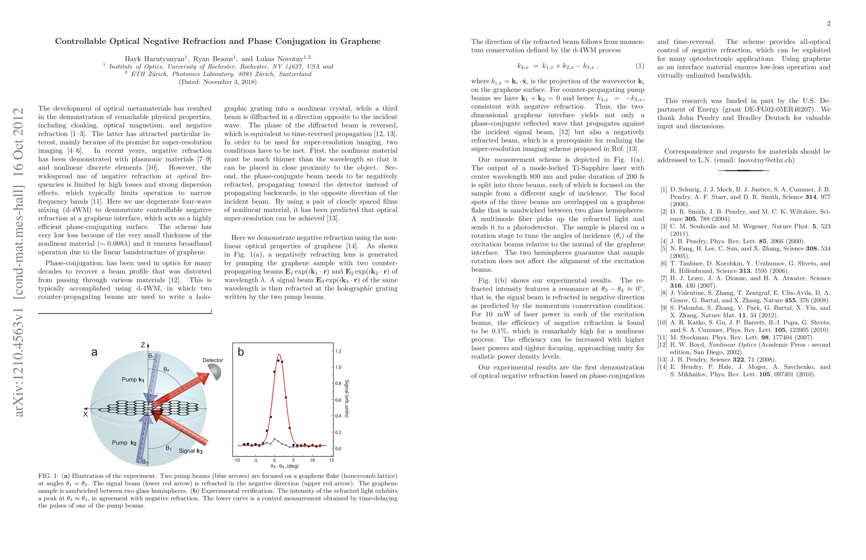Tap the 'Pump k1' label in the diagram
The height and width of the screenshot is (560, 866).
tap(133, 379)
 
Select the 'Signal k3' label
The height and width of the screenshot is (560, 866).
tap(191, 451)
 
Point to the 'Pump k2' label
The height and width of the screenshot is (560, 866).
tap(124, 442)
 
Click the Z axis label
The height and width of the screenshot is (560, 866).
tap(143, 345)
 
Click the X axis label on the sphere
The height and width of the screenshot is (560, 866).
tap(85, 414)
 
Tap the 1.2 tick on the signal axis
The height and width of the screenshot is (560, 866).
tap(338, 351)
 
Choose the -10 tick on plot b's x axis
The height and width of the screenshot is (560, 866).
tap(236, 460)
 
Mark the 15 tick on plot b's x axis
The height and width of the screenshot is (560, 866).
tap(332, 460)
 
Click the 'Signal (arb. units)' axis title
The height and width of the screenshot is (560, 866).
tap(347, 399)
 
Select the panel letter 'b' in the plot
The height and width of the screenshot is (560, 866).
tap(241, 352)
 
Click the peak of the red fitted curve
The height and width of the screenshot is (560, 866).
tap(279, 354)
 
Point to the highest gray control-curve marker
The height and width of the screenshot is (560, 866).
tap(274, 439)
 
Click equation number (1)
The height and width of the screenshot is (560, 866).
tap(640, 66)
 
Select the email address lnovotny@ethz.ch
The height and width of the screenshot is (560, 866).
tap(766, 160)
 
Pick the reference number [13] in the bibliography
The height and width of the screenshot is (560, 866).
tap(662, 359)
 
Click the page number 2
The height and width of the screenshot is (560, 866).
tap(829, 24)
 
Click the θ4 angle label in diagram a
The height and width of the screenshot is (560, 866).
tap(166, 370)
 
